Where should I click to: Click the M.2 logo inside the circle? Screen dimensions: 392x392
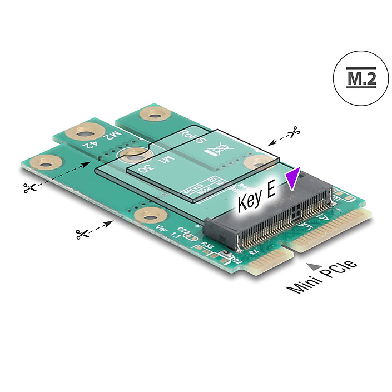tap(361, 79)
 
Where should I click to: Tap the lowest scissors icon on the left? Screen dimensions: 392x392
tap(81, 234)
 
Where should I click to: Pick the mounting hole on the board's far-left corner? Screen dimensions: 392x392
tap(47, 162)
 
